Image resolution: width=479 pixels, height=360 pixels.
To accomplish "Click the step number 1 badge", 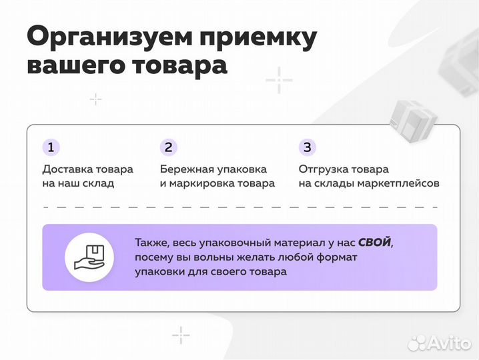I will click(51, 147).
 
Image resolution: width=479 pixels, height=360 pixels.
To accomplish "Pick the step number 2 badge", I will click(169, 147).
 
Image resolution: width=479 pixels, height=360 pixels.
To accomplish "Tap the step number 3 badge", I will click(307, 147).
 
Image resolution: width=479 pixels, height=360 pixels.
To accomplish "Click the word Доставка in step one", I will click(65, 169).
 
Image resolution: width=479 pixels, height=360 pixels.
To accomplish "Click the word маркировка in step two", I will click(207, 183).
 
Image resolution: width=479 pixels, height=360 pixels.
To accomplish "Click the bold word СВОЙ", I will click(374, 243).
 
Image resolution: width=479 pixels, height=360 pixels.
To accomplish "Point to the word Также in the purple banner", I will click(151, 243).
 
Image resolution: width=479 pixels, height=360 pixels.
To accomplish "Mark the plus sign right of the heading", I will click(279, 81).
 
